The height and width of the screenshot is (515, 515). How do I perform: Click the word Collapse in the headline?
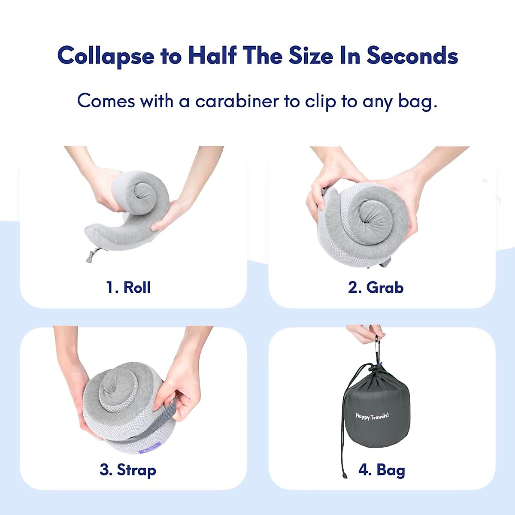(x=106, y=56)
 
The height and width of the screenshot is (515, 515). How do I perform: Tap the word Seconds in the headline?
(x=412, y=55)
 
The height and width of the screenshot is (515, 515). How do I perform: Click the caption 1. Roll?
(x=128, y=287)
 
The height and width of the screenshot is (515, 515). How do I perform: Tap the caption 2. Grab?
(x=376, y=287)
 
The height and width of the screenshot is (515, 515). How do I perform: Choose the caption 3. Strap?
(x=128, y=470)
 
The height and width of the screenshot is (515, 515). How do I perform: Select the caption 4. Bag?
(x=382, y=470)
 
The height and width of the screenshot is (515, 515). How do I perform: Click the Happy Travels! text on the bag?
(x=372, y=415)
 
